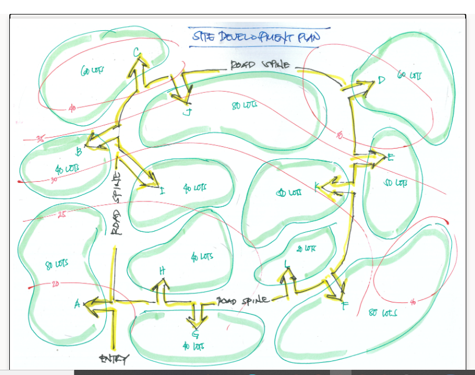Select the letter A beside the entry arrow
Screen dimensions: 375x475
click(77, 304)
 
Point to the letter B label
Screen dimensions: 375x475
click(79, 153)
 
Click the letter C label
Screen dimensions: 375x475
click(136, 53)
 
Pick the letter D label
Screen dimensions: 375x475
click(380, 80)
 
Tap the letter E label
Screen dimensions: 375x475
click(390, 158)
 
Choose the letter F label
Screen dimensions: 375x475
click(345, 306)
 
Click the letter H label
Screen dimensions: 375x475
click(162, 271)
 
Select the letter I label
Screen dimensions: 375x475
click(162, 189)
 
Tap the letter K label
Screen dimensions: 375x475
click(317, 186)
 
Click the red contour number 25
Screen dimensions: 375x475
click(62, 216)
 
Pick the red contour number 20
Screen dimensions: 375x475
click(55, 284)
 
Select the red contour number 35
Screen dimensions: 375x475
click(40, 139)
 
